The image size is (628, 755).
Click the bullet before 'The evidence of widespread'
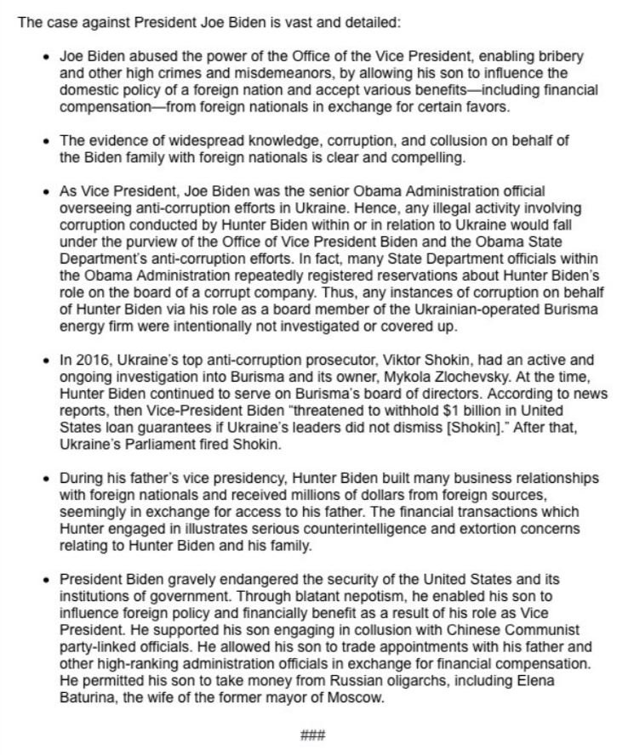46,140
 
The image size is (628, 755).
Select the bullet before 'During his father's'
46,478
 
